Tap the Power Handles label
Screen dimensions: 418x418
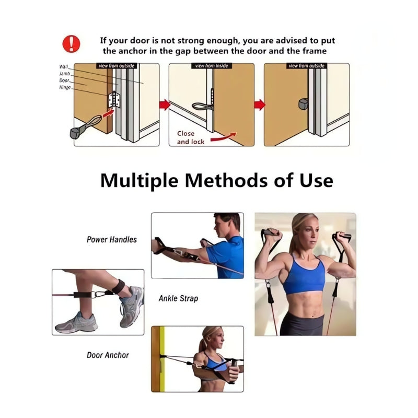[112, 239]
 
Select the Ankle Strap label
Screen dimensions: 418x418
[178, 299]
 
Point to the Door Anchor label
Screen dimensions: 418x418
[108, 355]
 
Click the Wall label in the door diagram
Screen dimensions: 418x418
[64, 67]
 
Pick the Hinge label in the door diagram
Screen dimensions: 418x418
[65, 87]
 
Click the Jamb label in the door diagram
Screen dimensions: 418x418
[64, 74]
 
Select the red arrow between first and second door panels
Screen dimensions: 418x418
[165, 105]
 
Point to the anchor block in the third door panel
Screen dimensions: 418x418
[304, 104]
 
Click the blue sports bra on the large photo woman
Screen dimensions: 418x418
[304, 276]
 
